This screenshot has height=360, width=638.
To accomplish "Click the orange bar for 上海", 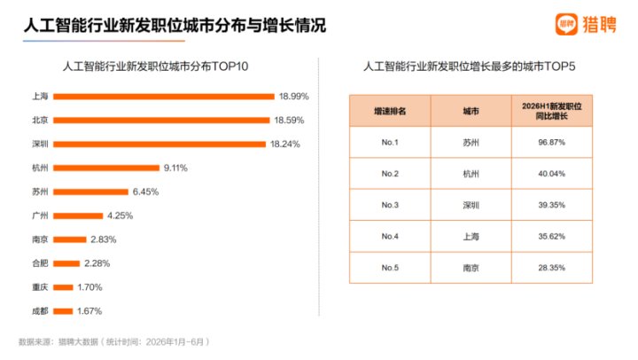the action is (164, 97).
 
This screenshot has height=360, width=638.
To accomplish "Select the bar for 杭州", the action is (106, 168).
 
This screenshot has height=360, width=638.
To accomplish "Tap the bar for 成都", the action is (63, 311).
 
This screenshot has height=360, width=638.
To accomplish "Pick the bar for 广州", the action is (78, 215).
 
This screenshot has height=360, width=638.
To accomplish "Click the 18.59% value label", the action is (289, 120).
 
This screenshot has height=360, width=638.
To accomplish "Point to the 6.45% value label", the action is (145, 192).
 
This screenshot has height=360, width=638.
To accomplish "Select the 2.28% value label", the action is (97, 263).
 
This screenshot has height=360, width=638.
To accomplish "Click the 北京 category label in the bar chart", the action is (40, 120).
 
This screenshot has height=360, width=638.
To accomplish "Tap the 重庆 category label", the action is (40, 287).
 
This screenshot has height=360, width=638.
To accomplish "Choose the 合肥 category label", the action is (40, 263).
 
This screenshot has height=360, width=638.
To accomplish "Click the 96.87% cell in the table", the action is (552, 142).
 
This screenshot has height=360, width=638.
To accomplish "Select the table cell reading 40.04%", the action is (552, 174).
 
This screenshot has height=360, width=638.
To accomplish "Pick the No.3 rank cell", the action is (390, 205).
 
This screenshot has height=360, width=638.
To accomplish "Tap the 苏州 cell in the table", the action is (471, 142).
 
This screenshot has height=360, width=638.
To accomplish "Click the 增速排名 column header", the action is (390, 111).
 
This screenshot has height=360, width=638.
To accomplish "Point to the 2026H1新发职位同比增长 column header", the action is (552, 111).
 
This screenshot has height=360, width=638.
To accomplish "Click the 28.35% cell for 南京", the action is (552, 268).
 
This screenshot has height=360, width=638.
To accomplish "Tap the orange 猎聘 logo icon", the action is (566, 25).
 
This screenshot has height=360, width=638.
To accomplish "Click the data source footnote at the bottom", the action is (114, 341).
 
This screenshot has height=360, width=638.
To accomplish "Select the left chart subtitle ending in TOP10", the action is (155, 67).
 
